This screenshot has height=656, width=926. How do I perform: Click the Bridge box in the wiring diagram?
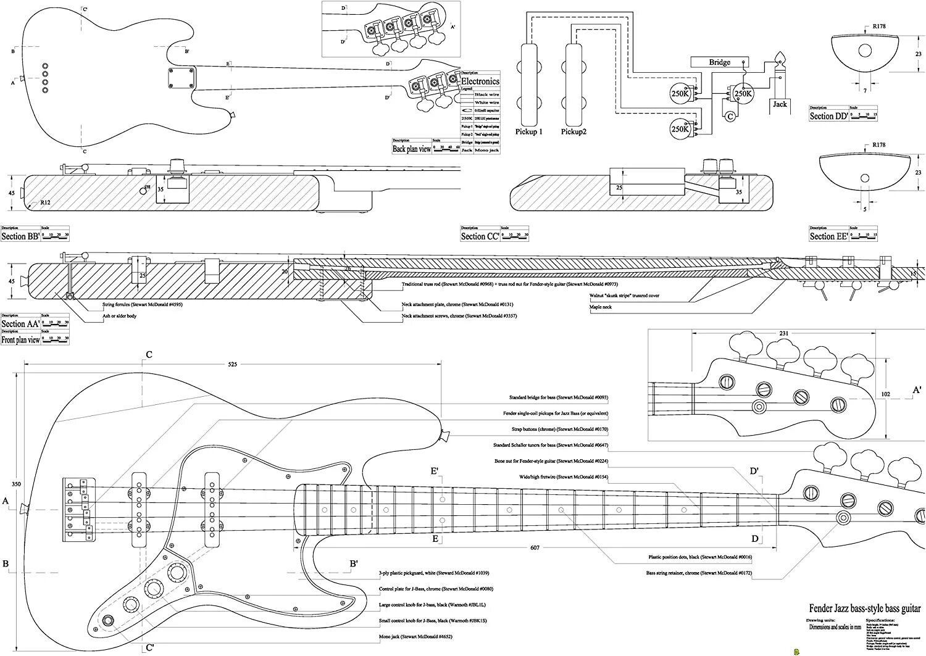719,62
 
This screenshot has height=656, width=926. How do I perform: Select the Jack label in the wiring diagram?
780,104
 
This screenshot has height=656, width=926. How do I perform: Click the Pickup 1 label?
529,131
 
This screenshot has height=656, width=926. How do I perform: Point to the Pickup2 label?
574,131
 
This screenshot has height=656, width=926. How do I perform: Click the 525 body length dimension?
232,365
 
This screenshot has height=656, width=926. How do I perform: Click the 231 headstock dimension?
784,333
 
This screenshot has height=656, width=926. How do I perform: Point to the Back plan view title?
412,149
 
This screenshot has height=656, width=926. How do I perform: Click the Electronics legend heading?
480,81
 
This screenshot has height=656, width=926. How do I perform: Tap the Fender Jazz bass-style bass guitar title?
864,608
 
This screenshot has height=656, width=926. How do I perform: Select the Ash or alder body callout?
120,316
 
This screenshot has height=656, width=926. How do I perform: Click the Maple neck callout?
601,307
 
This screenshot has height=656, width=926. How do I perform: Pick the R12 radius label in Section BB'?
46,202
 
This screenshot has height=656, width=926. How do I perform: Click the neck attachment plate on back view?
180,78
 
